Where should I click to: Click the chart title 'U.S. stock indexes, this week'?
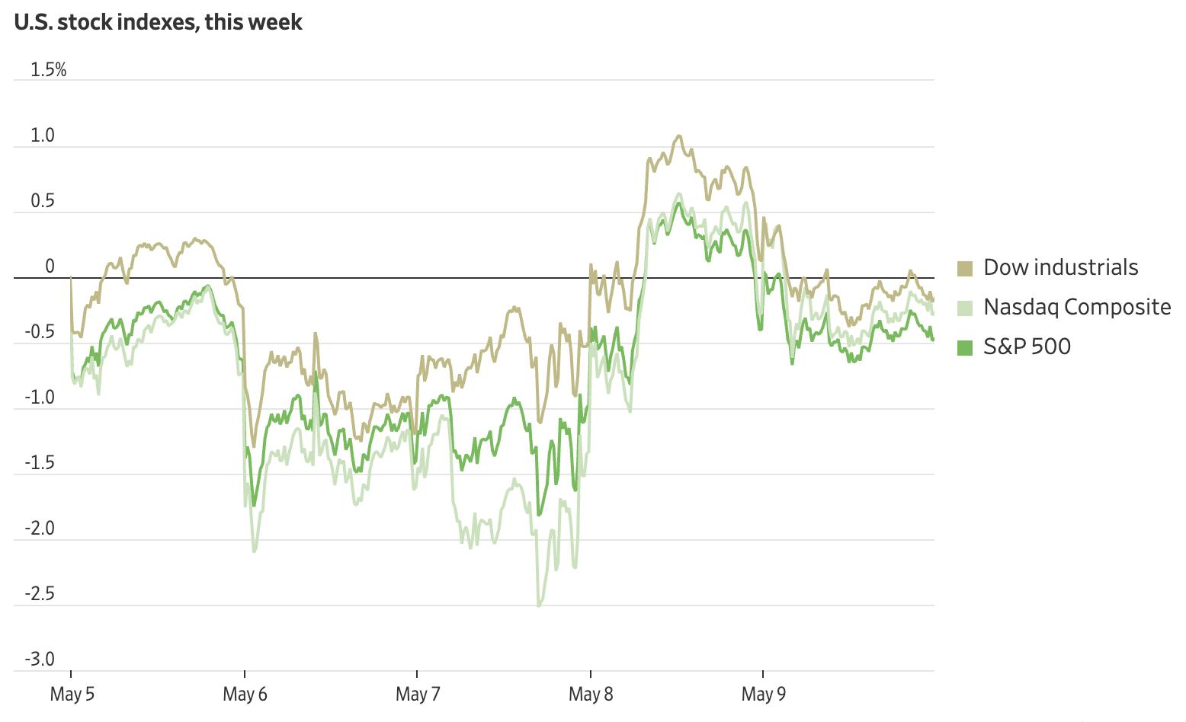coord(158,22)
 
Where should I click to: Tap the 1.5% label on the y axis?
coord(48,70)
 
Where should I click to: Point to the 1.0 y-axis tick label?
coord(43,136)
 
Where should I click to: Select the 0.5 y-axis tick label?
coord(43,201)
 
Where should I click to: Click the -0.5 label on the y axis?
coord(40,332)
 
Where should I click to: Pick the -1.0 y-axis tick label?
coord(40,398)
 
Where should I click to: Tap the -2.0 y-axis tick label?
coord(40,529)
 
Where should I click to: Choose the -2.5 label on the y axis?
coord(40,594)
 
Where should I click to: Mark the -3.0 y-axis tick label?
coord(40,660)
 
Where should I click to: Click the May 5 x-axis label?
coord(72,695)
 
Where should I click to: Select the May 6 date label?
coord(245,695)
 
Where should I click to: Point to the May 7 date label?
coord(418,695)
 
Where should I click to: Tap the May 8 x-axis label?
coord(591,695)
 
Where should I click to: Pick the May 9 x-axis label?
coord(763,695)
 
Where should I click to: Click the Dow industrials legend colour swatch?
coord(965,268)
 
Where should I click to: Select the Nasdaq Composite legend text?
coord(1077,307)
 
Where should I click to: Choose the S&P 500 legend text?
coord(1027,347)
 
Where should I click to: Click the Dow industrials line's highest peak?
coord(678,136)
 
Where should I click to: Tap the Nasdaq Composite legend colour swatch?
coord(965,308)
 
